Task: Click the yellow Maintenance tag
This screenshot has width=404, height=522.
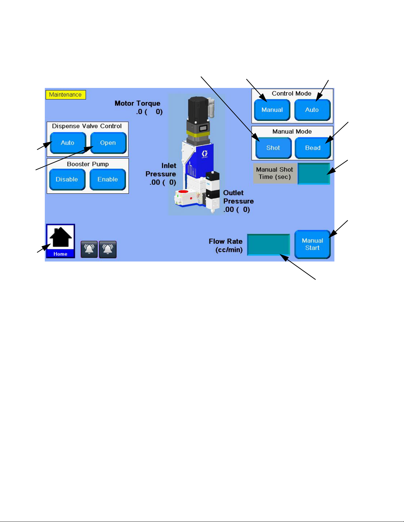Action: click(x=66, y=95)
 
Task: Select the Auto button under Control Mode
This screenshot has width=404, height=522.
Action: click(x=312, y=110)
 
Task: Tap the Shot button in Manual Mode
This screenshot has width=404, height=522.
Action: click(x=273, y=148)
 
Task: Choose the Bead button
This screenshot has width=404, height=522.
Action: click(x=313, y=148)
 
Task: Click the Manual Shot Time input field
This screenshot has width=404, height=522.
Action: click(x=314, y=174)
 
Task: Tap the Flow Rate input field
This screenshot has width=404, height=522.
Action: click(x=268, y=245)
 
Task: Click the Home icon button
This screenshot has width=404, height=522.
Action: click(x=61, y=241)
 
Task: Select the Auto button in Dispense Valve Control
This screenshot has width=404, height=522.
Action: click(x=68, y=143)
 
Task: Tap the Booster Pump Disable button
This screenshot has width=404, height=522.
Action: click(x=67, y=179)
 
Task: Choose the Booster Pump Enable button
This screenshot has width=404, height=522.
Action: click(x=108, y=179)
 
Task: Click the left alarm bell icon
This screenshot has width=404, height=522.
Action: click(x=89, y=249)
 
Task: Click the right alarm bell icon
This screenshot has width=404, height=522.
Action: click(x=108, y=249)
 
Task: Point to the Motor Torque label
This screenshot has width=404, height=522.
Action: click(x=138, y=103)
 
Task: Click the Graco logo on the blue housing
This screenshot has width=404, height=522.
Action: click(x=205, y=153)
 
